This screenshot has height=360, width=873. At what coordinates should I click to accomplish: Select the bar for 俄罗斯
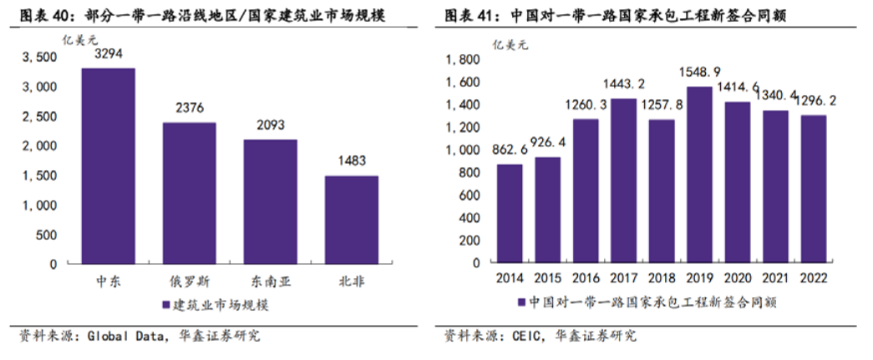pos(189,193)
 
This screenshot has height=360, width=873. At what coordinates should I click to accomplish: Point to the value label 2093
pos(270,126)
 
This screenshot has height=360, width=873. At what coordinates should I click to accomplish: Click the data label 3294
pos(108,53)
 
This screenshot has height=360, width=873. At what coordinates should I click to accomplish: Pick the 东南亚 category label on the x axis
pos(270,281)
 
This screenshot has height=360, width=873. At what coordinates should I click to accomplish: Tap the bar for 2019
pos(699,175)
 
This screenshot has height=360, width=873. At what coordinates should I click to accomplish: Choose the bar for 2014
pos(510,213)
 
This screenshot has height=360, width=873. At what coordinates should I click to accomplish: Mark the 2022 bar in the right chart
pos(814,189)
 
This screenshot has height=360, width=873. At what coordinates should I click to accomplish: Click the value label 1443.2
pos(623,84)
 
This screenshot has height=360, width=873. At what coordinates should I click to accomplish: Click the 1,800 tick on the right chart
pos(463,60)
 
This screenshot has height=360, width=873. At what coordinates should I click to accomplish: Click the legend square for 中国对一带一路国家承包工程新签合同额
pos(522,302)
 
